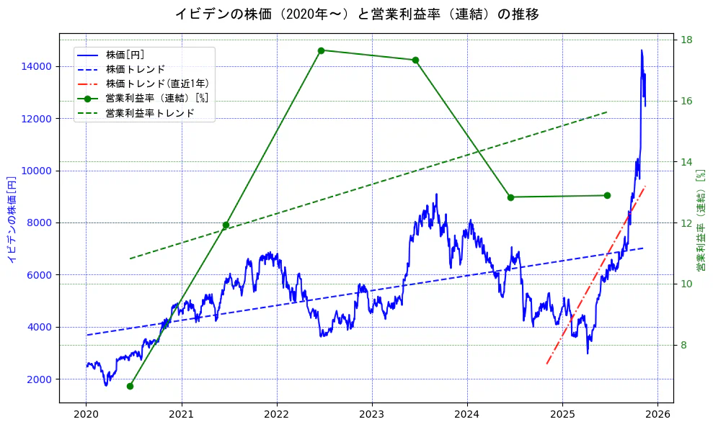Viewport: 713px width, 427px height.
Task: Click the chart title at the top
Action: (x=356, y=14)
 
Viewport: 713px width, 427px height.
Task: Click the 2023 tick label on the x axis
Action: (x=372, y=414)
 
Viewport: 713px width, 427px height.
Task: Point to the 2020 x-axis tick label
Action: (x=87, y=414)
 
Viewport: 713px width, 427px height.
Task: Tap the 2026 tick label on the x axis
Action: (x=657, y=414)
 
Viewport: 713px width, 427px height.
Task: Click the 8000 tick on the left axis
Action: (x=40, y=223)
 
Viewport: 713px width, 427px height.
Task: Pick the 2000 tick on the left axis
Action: (x=40, y=379)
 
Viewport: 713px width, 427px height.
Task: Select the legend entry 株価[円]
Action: (x=125, y=54)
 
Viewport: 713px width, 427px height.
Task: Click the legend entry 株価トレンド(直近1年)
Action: (x=151, y=84)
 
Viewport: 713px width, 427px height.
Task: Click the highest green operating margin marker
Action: (x=321, y=50)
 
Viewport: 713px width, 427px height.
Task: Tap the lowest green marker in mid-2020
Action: (x=130, y=386)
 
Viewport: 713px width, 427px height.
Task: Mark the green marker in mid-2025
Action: (x=607, y=195)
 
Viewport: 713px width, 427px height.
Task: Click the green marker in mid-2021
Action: (x=226, y=225)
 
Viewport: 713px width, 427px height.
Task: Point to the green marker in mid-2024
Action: (x=510, y=197)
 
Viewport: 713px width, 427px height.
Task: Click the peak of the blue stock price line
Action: (x=641, y=50)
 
